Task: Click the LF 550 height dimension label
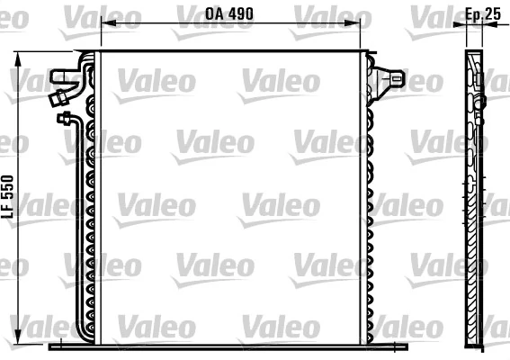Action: [x=7, y=194]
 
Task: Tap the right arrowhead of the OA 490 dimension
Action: [x=360, y=23]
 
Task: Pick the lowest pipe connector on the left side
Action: [x=65, y=117]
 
